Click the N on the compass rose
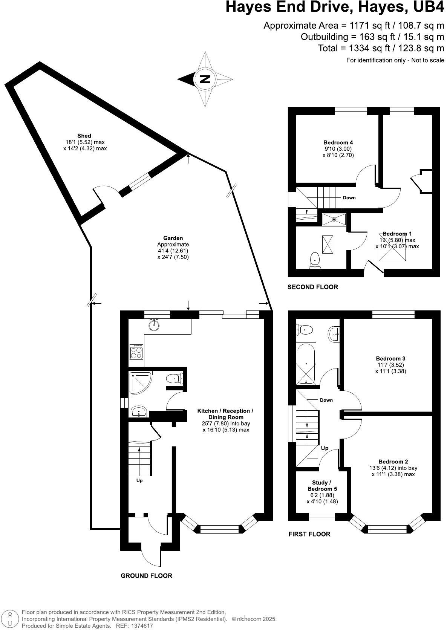205,79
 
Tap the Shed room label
84,136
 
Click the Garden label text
173,238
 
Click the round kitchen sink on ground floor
154,324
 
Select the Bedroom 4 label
338,142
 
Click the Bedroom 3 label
390,358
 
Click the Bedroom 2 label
393,462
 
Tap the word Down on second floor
349,198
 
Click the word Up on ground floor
139,480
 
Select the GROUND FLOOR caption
146,576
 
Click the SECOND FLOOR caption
312,287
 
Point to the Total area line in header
381,48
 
